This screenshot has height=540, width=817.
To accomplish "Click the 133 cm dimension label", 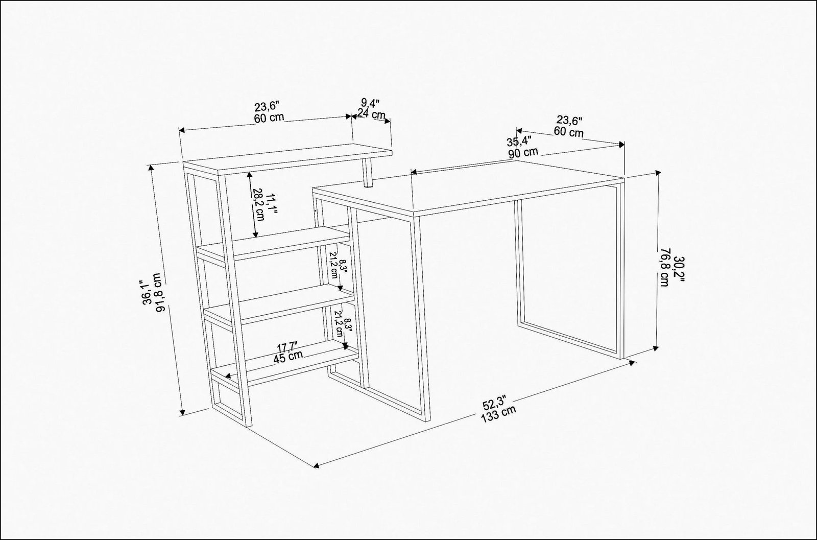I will tap(498, 412).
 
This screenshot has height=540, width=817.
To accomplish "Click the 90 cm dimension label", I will tap(522, 152).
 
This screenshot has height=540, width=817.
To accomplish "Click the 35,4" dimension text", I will tap(518, 142).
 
